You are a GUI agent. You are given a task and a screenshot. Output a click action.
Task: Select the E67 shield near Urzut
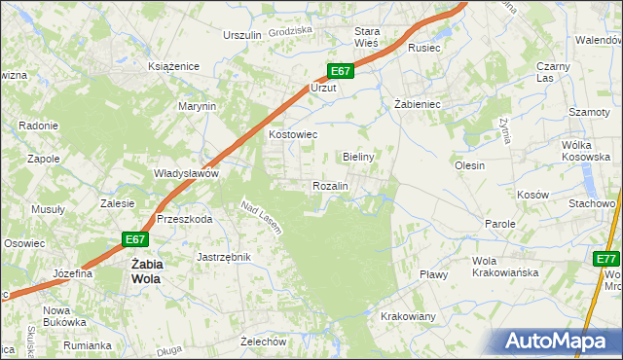[x=339, y=71]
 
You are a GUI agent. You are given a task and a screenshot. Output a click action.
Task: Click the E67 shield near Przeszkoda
[x=135, y=239]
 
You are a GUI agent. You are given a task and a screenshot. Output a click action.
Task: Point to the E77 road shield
[x=606, y=258]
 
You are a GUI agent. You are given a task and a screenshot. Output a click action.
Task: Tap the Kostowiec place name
[x=292, y=135]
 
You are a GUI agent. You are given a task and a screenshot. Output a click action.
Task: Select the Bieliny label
[x=359, y=156]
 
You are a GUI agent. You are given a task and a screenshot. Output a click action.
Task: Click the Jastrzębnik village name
[x=224, y=257]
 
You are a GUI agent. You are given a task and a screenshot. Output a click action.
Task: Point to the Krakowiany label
[x=408, y=317]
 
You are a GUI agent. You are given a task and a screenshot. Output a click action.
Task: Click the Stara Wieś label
[x=372, y=37]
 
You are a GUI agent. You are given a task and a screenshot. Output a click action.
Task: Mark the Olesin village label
[x=469, y=165]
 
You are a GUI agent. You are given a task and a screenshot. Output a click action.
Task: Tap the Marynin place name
[x=196, y=106]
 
